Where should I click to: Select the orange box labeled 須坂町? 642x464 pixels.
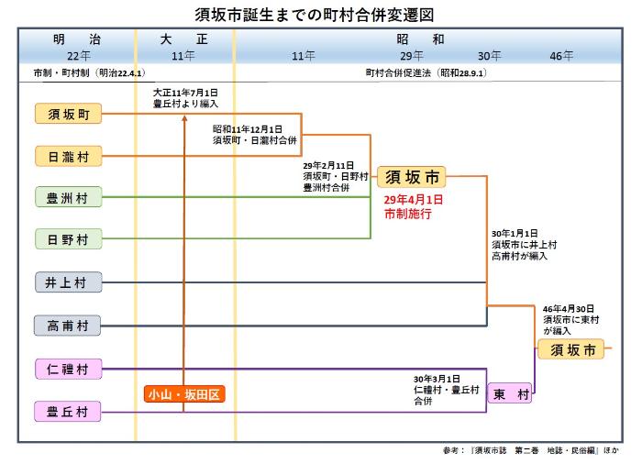68,114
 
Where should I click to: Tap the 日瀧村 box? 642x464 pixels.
68,156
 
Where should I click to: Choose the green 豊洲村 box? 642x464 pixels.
68,197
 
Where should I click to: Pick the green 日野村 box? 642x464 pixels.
68,239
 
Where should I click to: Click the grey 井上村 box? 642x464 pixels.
68,282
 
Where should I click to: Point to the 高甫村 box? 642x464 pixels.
68,325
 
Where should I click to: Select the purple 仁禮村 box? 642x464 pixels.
68,369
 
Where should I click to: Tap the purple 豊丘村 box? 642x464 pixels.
68,412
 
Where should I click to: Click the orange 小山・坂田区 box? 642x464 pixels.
184,394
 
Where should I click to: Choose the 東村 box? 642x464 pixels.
510,394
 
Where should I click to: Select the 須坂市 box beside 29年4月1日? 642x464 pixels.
411,176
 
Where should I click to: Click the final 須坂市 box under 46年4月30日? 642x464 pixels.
572,349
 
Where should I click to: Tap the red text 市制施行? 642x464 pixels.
408,213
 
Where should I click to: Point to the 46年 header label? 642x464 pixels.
561,56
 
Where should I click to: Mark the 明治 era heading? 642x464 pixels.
77,40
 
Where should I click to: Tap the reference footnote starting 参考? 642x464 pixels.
530,451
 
